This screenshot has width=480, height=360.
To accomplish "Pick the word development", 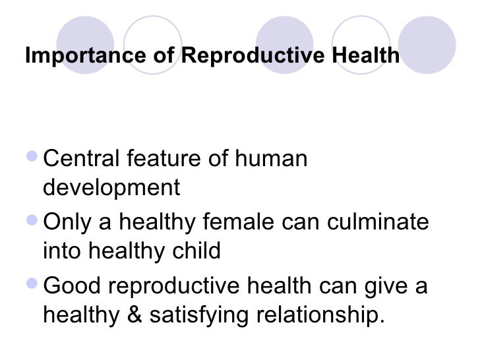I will click(111, 189).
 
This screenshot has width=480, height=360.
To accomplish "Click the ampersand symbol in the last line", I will click(136, 315).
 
